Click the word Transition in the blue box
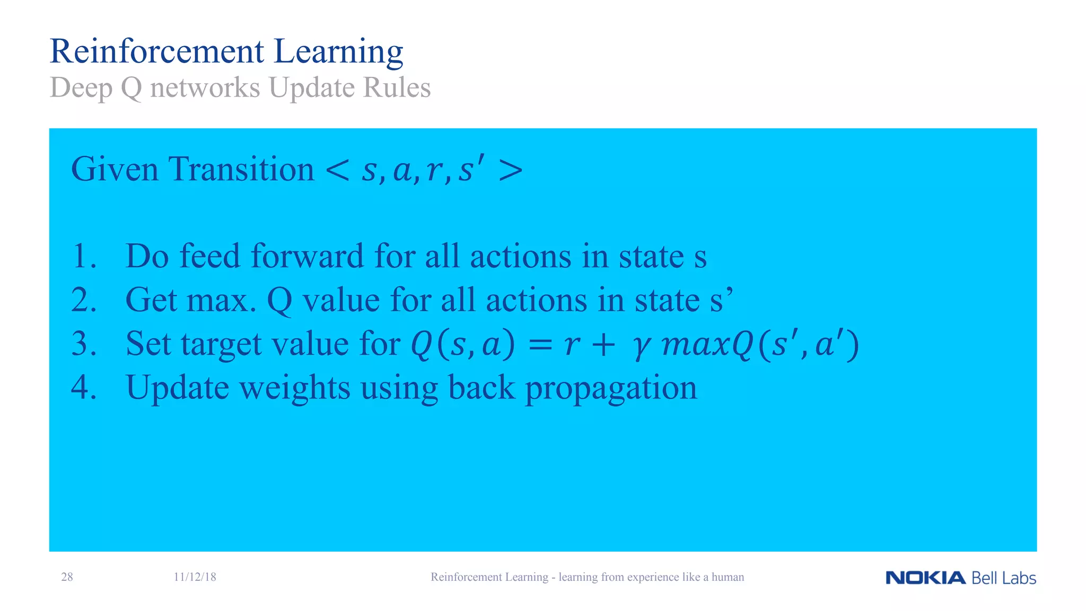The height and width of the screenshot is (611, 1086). tap(241, 170)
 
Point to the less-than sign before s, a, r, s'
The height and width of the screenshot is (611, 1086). tap(338, 171)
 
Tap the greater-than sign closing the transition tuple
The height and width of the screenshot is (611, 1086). tap(511, 171)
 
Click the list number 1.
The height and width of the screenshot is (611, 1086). tap(83, 257)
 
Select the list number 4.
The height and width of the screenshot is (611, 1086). tap(83, 387)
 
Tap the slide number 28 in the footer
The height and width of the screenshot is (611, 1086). tap(67, 577)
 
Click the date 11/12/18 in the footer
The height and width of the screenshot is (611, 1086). tap(195, 577)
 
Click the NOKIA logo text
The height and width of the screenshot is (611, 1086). tap(925, 578)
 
